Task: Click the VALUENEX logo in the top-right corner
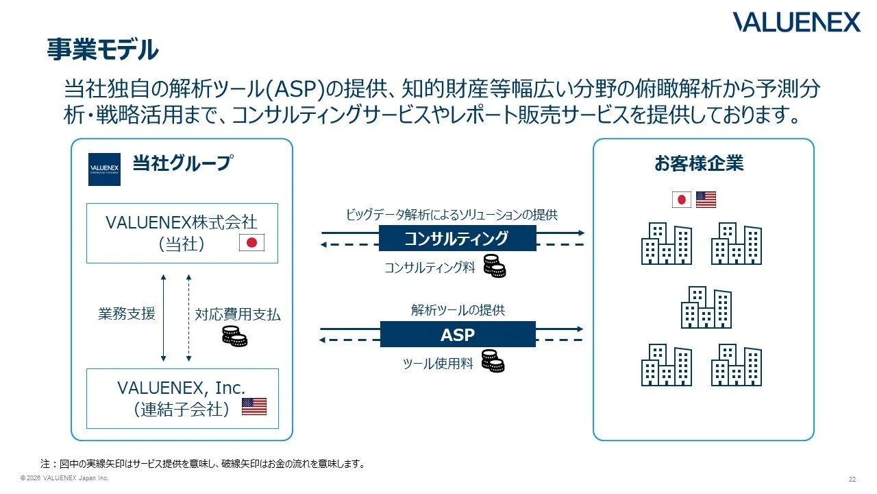click(796, 22)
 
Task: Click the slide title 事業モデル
click(103, 49)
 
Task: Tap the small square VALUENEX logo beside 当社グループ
click(104, 169)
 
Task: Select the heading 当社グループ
click(183, 163)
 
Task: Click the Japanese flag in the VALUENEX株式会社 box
click(251, 243)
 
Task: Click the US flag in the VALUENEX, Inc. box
click(254, 406)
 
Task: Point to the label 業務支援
click(127, 314)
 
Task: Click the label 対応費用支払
click(238, 314)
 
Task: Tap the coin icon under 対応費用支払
click(234, 336)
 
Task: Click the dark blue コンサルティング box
click(457, 238)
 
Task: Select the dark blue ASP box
click(458, 334)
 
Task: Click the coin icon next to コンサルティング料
click(495, 266)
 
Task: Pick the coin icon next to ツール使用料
click(493, 361)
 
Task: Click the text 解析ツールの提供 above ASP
click(458, 310)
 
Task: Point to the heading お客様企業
click(699, 163)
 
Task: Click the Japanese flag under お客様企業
click(682, 200)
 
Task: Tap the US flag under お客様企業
click(706, 200)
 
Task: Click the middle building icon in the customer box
click(706, 307)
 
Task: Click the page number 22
click(852, 479)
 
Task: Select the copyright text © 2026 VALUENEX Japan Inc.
click(64, 478)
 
